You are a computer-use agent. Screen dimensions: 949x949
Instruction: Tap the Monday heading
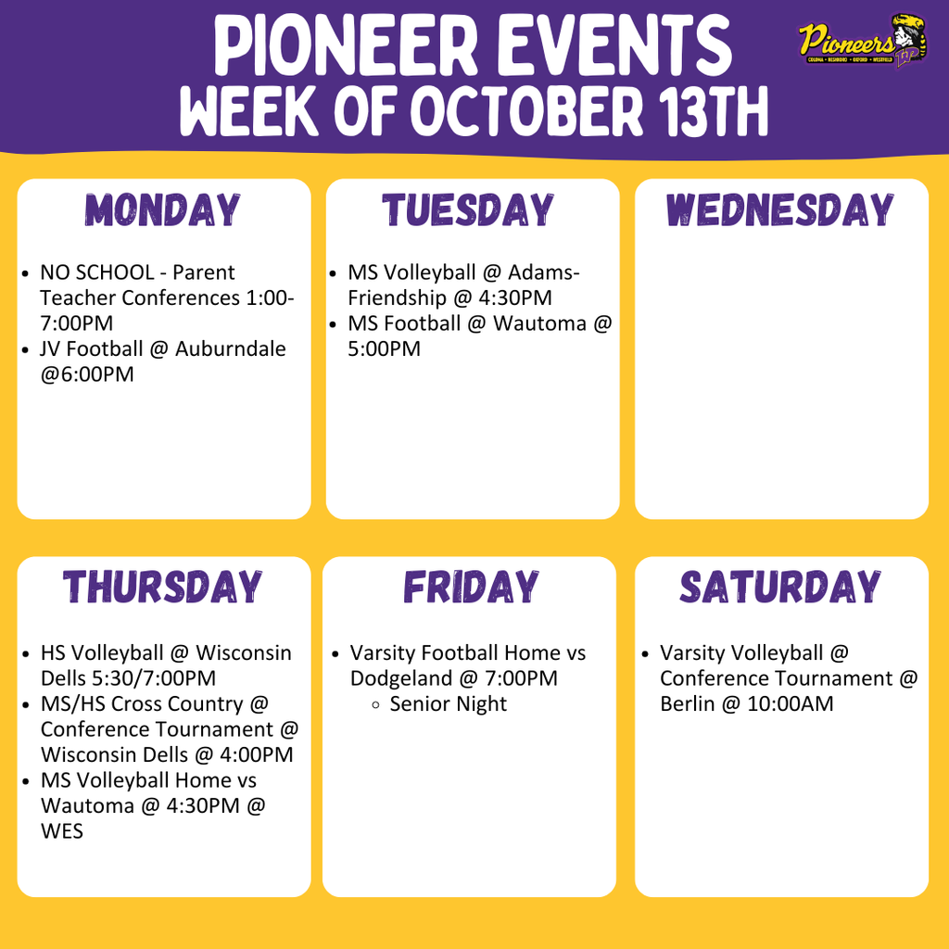click(x=163, y=210)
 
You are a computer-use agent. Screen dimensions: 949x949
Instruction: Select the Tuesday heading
click(x=469, y=210)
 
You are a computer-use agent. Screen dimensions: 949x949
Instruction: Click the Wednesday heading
click(x=779, y=210)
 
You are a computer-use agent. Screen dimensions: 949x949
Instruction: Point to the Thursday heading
click(x=163, y=588)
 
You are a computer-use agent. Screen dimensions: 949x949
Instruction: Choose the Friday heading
click(x=470, y=588)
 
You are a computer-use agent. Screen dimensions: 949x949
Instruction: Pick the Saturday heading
click(x=780, y=588)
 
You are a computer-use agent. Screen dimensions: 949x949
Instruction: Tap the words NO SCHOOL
click(x=91, y=272)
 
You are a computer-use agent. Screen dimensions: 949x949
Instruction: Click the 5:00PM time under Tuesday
click(x=384, y=349)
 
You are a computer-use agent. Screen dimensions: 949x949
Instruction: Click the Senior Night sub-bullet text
click(x=449, y=704)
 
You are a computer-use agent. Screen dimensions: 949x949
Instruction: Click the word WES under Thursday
click(x=61, y=831)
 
